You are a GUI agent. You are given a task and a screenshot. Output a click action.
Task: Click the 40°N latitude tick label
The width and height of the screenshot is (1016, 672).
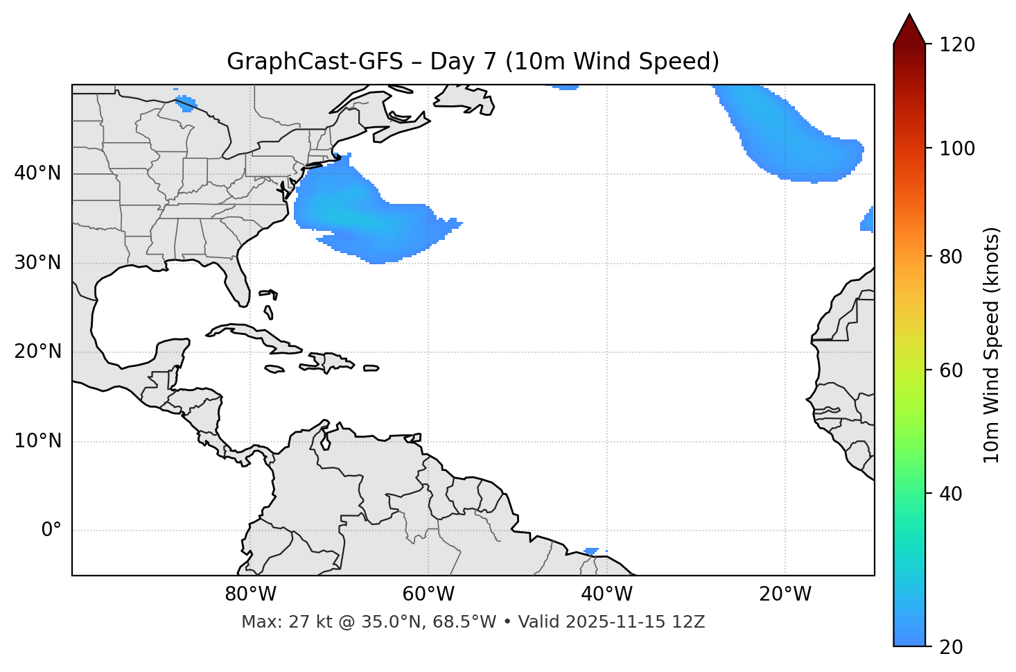[x=37, y=173]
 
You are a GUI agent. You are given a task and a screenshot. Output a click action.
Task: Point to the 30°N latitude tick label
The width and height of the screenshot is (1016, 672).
[x=37, y=263]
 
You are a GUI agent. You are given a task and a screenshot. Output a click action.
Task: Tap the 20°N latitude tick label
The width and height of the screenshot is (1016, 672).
[x=37, y=352]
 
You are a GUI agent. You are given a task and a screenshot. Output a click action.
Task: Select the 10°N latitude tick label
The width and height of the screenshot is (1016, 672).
[x=37, y=441]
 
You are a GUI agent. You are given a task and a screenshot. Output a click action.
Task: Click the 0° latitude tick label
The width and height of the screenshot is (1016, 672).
[x=51, y=531]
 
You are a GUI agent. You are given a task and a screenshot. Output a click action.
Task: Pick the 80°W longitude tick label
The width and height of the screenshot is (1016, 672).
[x=250, y=594]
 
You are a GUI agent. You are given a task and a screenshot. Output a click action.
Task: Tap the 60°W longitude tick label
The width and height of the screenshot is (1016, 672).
[x=428, y=594]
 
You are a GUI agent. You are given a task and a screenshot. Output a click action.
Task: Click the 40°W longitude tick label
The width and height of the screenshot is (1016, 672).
[x=606, y=594]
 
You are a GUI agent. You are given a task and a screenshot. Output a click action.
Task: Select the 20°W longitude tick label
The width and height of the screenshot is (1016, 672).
[x=785, y=594]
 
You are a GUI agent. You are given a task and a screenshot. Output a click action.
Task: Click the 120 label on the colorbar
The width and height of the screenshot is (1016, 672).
[x=956, y=45]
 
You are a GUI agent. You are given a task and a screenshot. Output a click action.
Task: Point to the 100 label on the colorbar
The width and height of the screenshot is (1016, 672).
[x=956, y=148]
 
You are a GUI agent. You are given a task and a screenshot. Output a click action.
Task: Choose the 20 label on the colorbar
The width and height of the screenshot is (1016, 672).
[x=951, y=647]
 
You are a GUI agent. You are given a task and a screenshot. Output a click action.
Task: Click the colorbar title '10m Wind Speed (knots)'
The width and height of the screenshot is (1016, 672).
[x=992, y=345]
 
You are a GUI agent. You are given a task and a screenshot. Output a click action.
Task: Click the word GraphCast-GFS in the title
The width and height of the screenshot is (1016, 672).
[x=315, y=62]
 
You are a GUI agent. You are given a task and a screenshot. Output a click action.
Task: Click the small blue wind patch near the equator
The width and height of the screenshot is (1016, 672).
[x=591, y=551]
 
